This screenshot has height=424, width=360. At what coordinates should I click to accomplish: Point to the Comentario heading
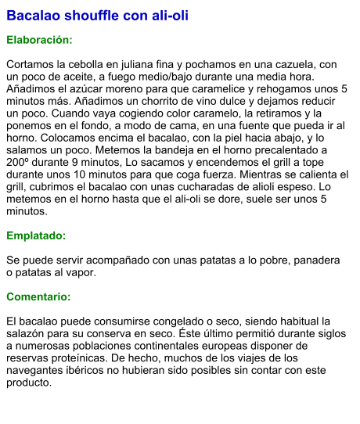pos(38,297)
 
